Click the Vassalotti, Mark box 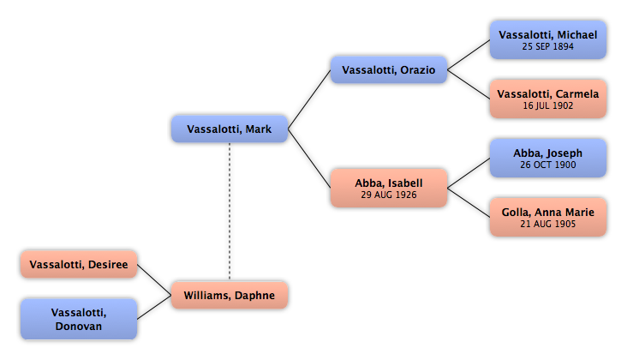tap(230, 129)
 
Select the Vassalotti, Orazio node tap(389, 69)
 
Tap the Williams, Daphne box tap(230, 295)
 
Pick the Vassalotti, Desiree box tap(79, 264)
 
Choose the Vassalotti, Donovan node tap(79, 319)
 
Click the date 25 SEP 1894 tap(548, 46)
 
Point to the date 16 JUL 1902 tap(548, 105)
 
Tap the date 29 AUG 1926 tap(389, 195)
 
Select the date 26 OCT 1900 tap(548, 165)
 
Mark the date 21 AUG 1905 tap(548, 224)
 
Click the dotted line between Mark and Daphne tap(230, 212)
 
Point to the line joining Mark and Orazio tap(309, 99)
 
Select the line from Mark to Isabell tap(309, 159)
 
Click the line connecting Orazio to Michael tap(469, 55)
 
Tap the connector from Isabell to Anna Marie tap(469, 203)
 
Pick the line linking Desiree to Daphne tap(154, 280)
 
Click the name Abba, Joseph tap(548, 153)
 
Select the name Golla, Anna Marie tap(548, 212)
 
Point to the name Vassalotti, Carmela tap(548, 94)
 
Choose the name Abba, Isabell tap(389, 183)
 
